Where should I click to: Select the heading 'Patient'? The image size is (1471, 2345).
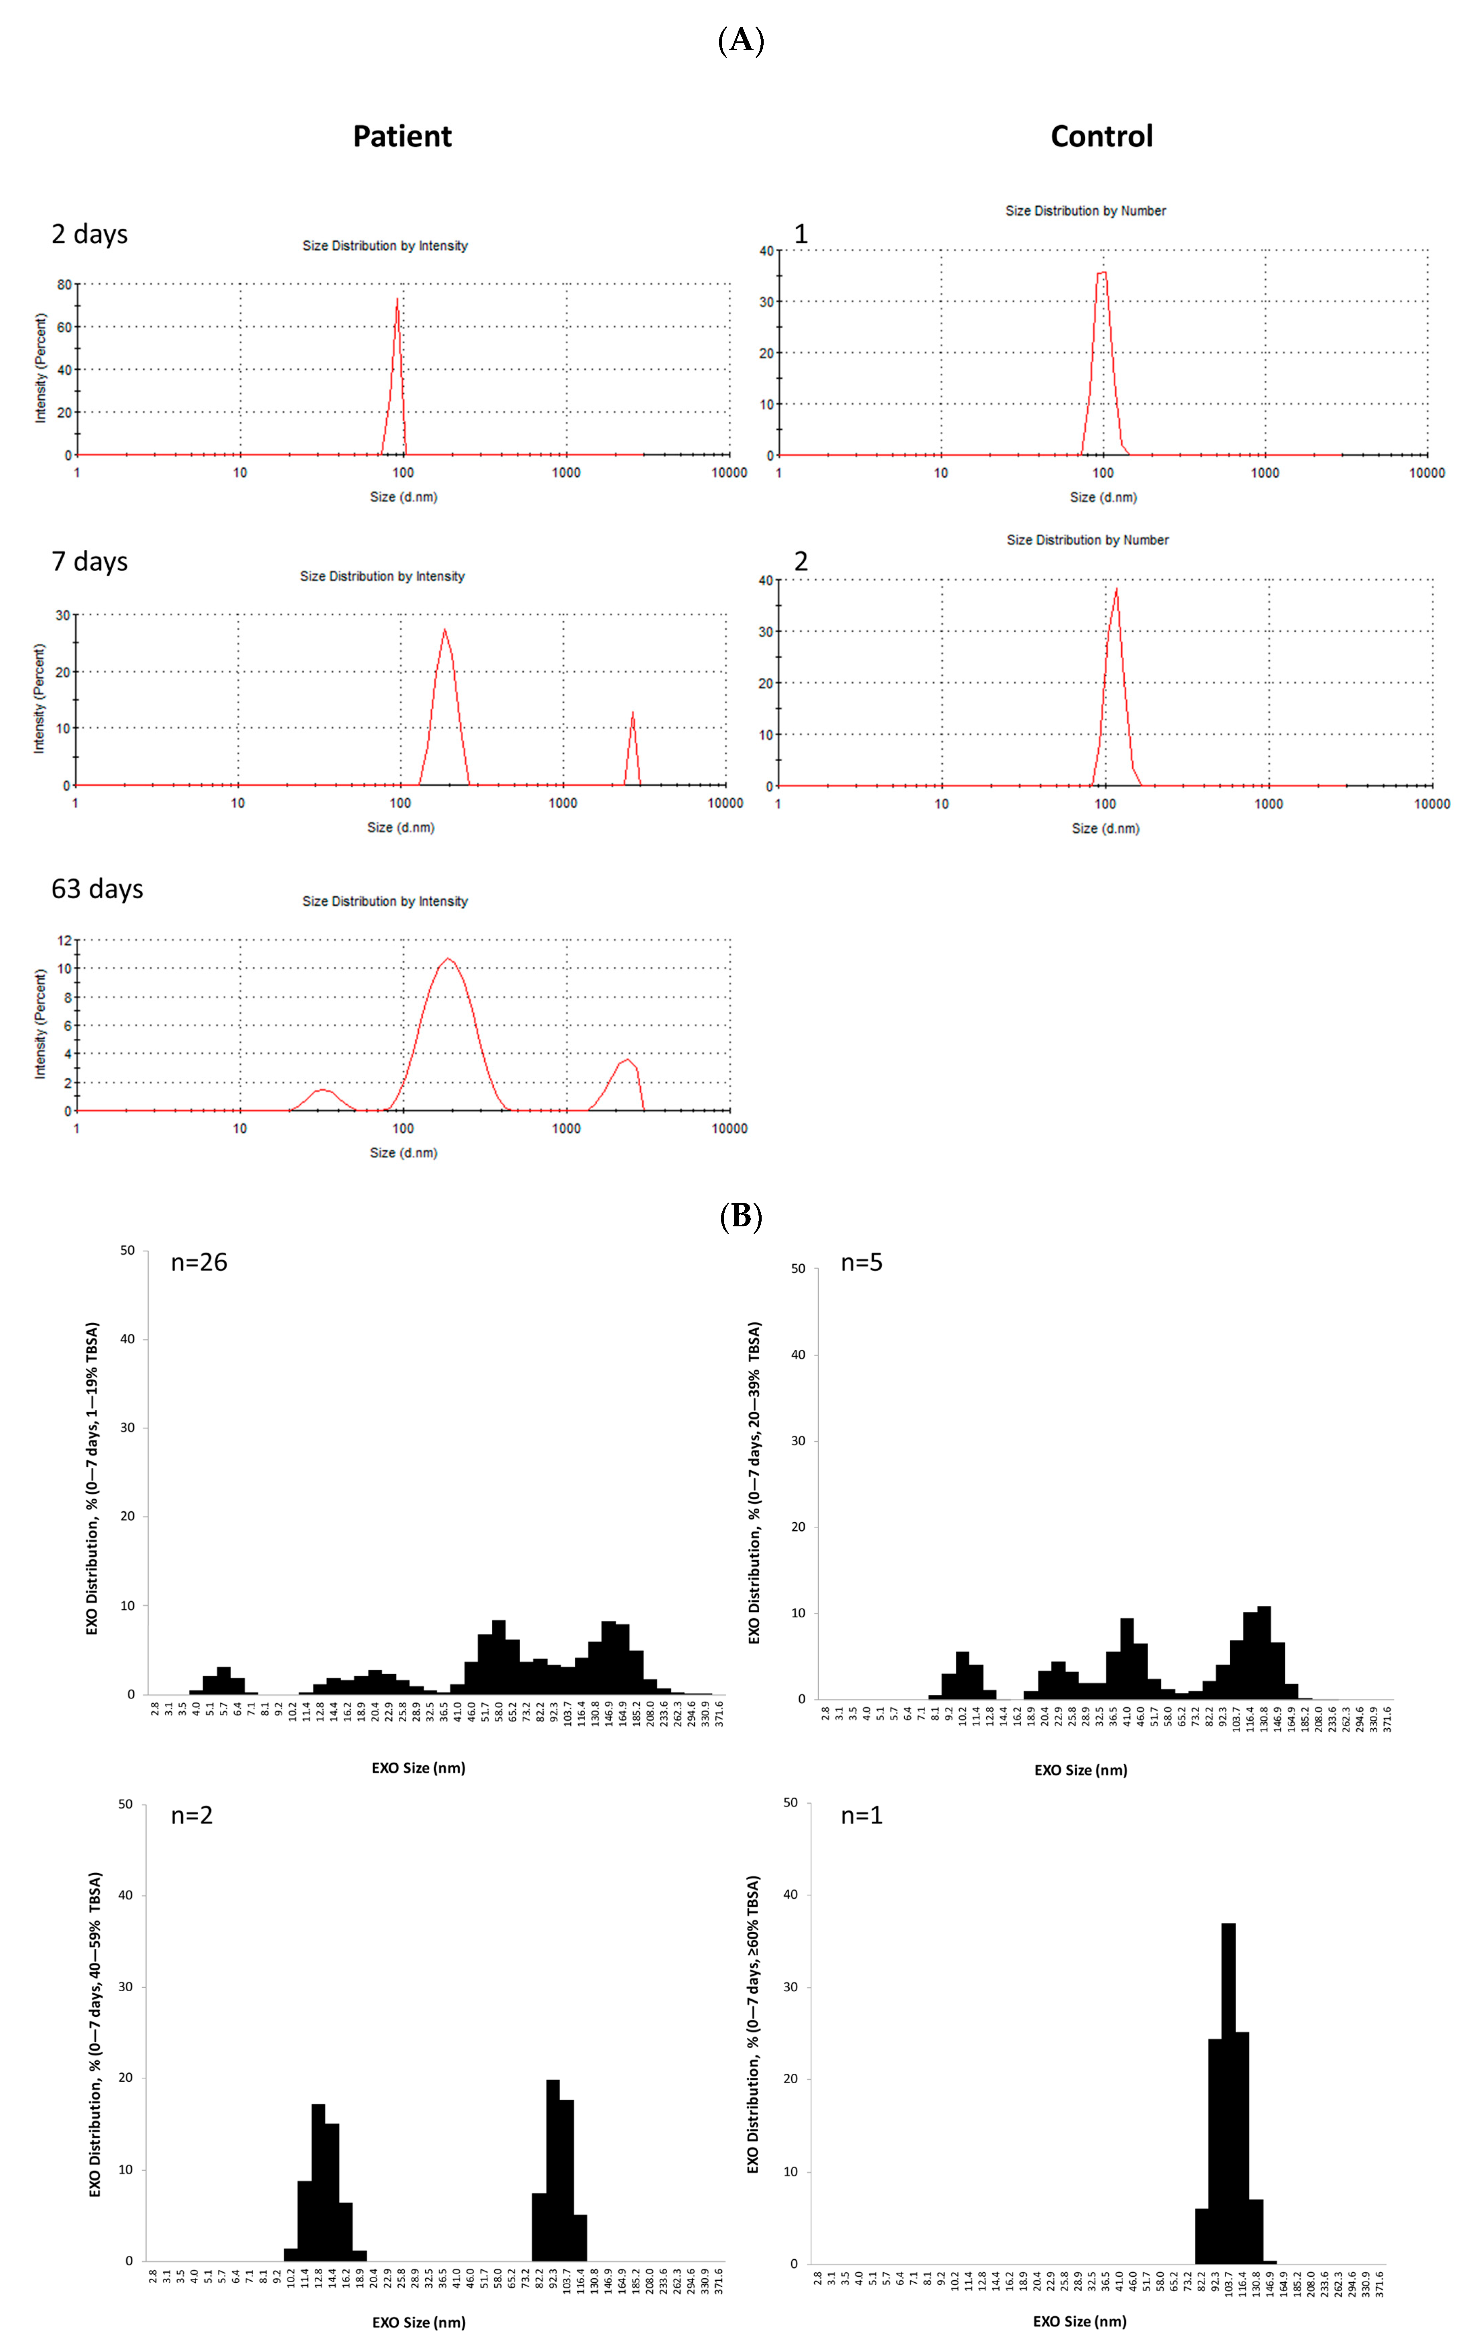tap(402, 136)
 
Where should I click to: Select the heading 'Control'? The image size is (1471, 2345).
tap(1101, 136)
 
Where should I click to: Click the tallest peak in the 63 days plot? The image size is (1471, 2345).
tap(447, 959)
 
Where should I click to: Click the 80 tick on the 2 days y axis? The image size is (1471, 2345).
tap(64, 285)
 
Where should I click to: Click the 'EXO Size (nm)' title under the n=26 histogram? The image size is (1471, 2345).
tap(418, 1768)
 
